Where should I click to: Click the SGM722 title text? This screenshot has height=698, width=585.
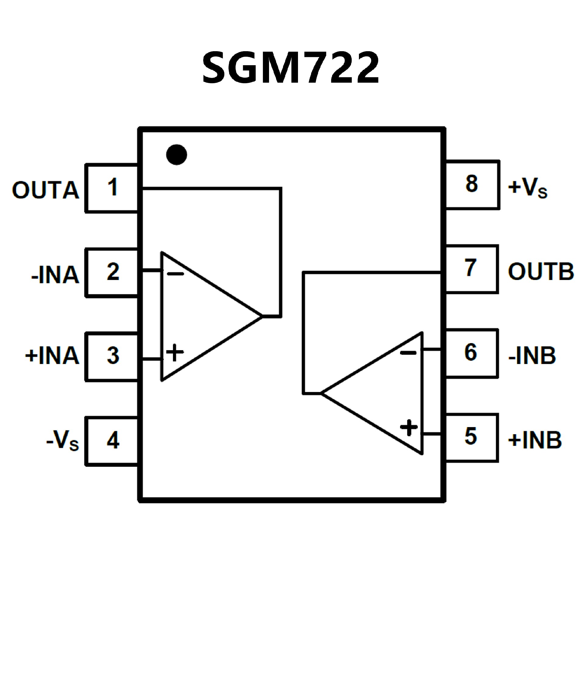point(291,68)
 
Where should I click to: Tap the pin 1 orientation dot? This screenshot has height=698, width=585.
point(176,154)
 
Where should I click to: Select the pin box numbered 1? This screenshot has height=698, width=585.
point(112,188)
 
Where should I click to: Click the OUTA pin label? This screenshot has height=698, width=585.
point(45,190)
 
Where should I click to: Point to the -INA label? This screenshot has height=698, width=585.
point(55,275)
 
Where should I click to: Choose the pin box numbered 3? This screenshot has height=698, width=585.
point(112,356)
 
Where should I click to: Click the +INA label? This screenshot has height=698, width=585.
point(52,356)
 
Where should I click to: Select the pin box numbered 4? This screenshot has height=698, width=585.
point(112,441)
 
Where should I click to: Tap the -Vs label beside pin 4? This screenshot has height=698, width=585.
point(62,441)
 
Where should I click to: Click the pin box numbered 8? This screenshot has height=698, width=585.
point(472,185)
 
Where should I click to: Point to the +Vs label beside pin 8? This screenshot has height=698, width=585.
point(527,187)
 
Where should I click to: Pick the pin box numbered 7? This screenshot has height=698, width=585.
point(471,269)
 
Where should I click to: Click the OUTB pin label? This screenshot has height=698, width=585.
point(541,271)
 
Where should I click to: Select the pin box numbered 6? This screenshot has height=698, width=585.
point(471,353)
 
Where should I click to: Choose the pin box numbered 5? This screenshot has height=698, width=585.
point(471,438)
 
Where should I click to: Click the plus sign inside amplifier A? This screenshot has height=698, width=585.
point(175,352)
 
